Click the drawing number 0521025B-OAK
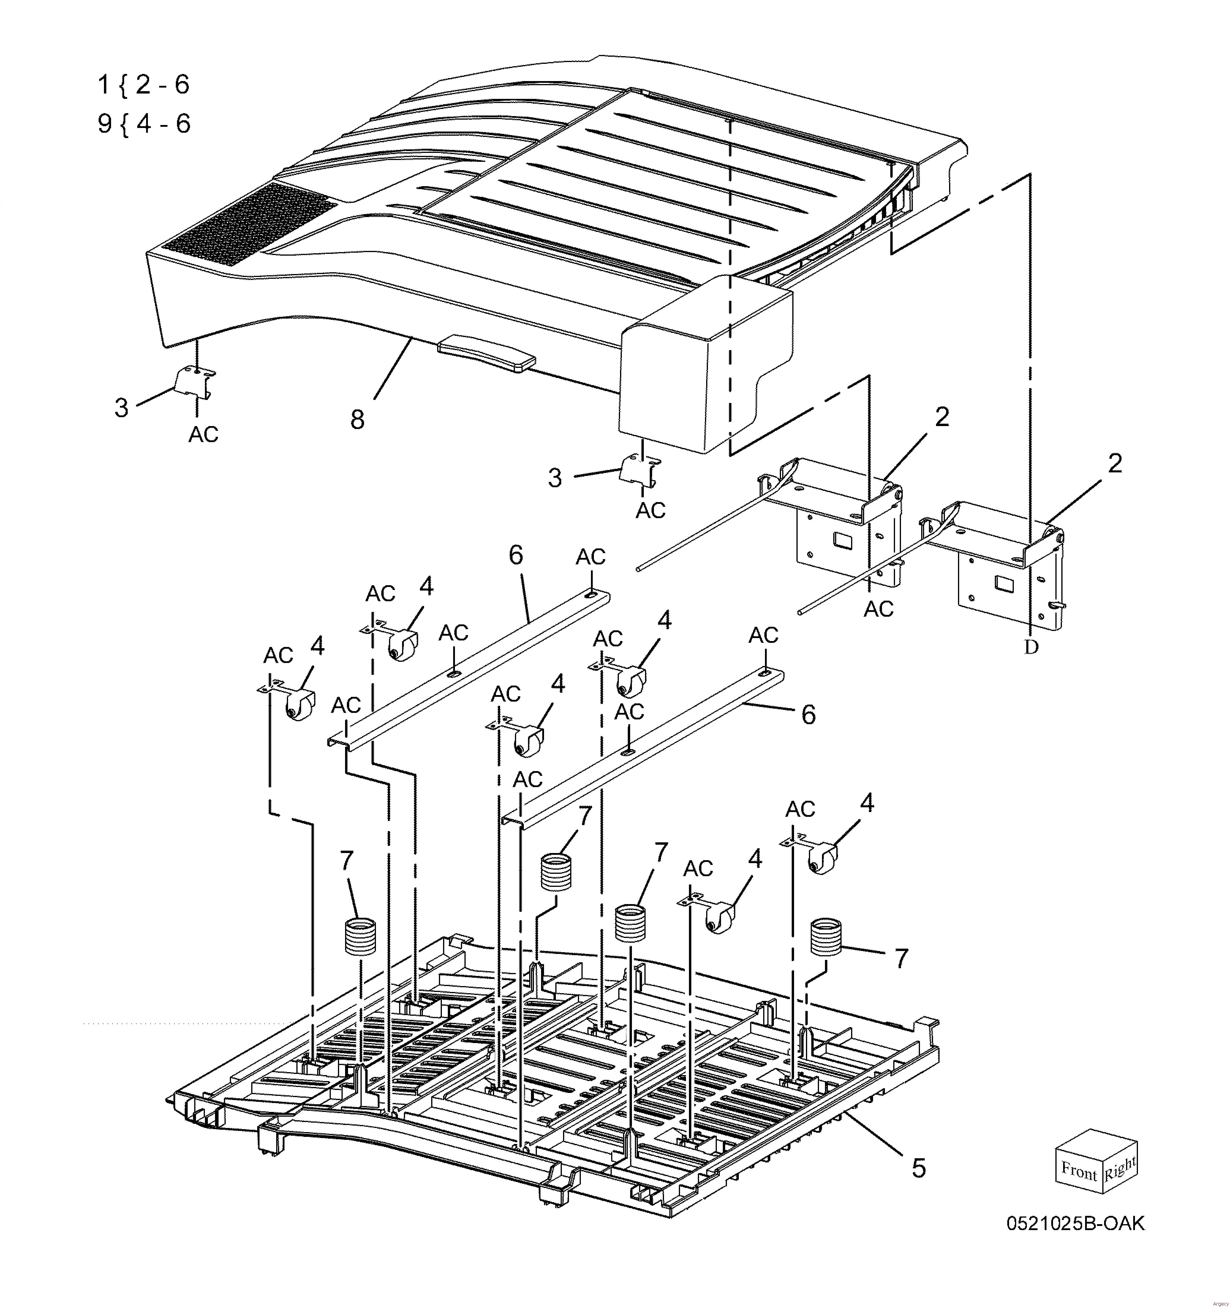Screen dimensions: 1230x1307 1075,1224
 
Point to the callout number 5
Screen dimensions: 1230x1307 918,1168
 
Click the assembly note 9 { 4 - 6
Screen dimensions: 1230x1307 144,123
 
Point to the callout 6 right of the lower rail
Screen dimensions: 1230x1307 808,715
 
